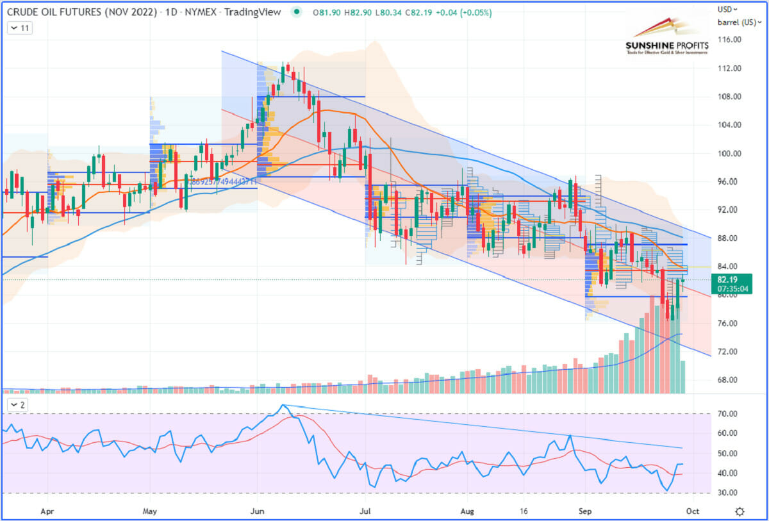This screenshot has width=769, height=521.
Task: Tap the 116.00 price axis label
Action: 729,40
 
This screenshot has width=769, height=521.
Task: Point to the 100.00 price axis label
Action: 729,154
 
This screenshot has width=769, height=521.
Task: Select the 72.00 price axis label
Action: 729,352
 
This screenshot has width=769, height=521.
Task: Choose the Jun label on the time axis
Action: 258,511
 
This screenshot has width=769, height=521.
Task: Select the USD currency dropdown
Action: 727,10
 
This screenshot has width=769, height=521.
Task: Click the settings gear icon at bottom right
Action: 740,511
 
